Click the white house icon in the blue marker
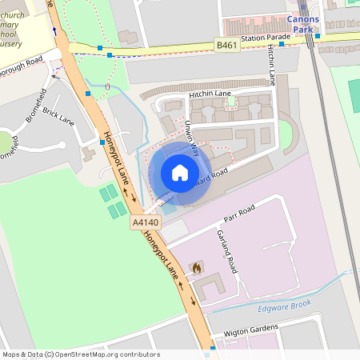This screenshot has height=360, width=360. coord(180,172)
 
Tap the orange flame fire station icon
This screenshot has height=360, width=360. coord(197,266)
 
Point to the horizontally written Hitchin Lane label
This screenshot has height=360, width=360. coord(210,94)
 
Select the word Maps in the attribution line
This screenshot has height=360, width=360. coord(11,354)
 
